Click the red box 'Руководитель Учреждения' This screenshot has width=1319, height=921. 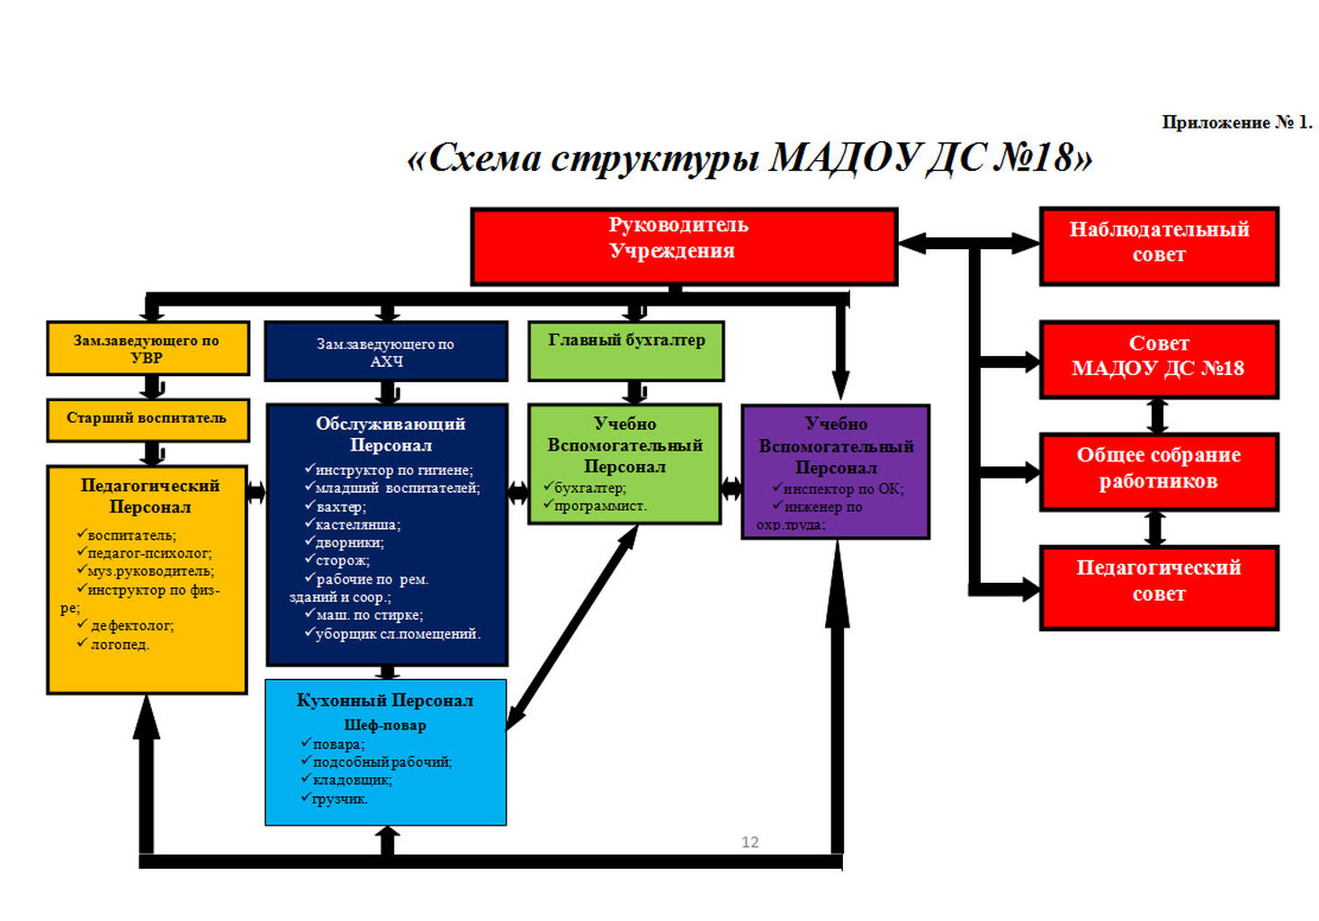pos(684,246)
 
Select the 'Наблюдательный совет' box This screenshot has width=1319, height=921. pos(1159,246)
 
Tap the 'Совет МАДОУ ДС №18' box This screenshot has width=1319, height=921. pos(1159,359)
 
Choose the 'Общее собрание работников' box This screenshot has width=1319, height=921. pos(1159,471)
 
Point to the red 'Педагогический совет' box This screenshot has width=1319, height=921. pos(1159,586)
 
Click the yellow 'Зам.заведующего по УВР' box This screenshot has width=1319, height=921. pos(148,348)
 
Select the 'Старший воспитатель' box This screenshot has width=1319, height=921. pos(148,419)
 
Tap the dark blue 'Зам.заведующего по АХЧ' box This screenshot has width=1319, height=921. pos(386,352)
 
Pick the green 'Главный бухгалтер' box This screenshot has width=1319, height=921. pos(626,350)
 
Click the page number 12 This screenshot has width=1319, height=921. pos(749,842)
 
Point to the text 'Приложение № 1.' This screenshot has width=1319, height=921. pos(1236,122)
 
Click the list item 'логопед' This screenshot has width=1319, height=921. pos(120,645)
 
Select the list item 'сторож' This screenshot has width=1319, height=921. pos(342,561)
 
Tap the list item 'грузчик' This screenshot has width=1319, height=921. pos(339,799)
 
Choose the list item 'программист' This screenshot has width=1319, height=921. pos(600,506)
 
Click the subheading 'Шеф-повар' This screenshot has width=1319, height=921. pos(385,725)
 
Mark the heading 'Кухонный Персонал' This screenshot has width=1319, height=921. pos(385,701)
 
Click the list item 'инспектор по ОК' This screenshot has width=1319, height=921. pos(843,489)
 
